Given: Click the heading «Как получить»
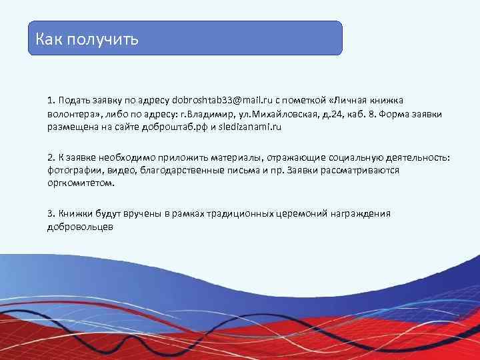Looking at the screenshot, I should (87, 39).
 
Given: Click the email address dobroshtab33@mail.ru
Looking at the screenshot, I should (217, 101).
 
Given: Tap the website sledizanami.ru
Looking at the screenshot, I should (257, 126).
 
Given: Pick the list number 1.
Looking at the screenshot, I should (51, 101).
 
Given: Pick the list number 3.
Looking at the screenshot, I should (51, 214).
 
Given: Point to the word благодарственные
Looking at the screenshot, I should (180, 171).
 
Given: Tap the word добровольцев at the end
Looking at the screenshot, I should (80, 227).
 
